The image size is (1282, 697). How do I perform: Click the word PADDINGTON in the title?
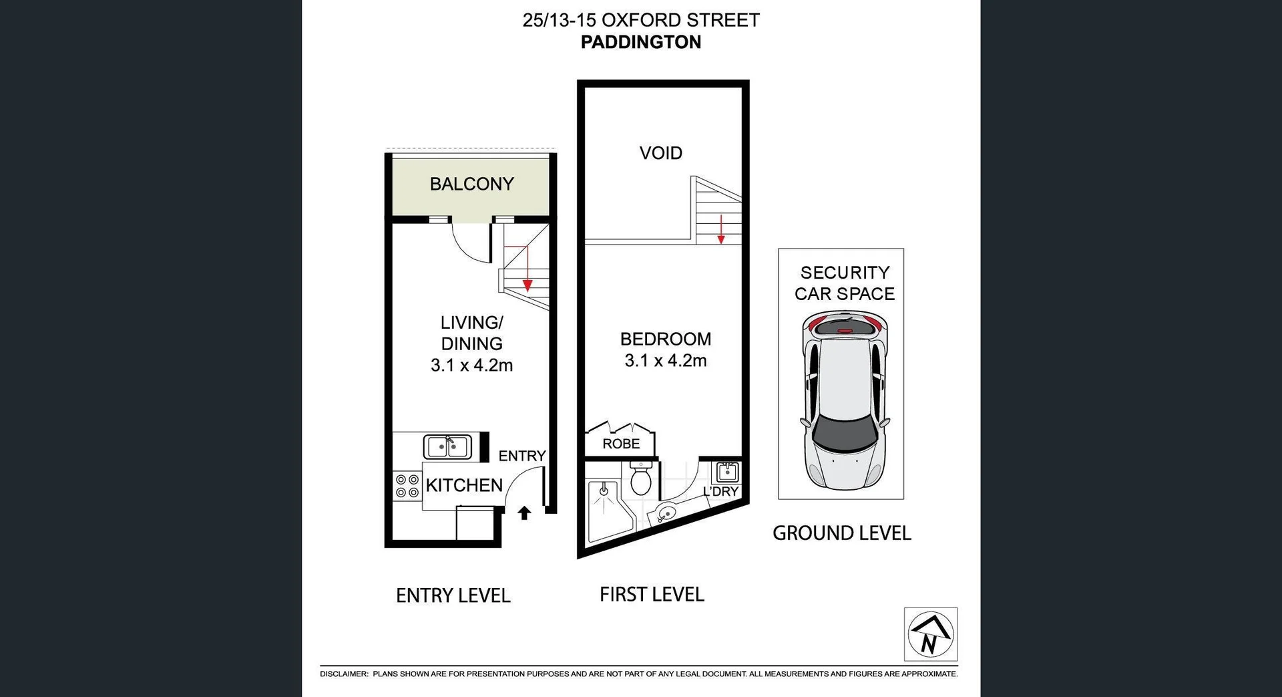640,42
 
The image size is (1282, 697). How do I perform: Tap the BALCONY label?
471,184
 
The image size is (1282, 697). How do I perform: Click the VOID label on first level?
660,153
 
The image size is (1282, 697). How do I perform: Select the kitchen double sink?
447,446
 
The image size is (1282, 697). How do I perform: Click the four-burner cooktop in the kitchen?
407,486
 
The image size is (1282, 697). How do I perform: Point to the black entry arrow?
524,513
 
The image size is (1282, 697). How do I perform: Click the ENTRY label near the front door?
521,456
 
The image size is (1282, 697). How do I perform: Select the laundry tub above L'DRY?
726,472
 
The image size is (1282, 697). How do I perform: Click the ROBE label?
620,444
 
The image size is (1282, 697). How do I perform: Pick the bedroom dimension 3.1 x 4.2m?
665,361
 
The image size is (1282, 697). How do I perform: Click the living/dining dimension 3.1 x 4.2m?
471,366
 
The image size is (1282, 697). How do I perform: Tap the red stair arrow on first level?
721,230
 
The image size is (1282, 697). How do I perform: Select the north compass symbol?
930,634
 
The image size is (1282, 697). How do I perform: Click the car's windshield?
844,433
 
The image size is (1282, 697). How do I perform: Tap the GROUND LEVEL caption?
841,533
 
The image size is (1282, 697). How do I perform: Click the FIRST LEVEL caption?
652,594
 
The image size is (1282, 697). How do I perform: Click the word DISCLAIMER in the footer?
344,674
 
